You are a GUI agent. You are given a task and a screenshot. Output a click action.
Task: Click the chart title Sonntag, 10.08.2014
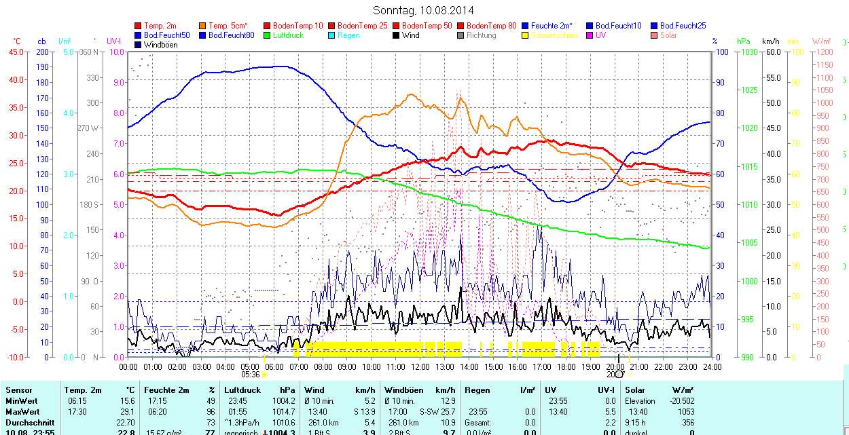424,10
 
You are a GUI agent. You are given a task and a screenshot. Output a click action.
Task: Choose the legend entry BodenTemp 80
491,26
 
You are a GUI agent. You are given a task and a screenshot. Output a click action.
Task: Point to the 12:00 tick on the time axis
420,366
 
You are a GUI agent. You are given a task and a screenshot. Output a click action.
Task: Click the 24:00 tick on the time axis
712,366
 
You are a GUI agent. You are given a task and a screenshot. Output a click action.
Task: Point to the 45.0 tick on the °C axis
15,52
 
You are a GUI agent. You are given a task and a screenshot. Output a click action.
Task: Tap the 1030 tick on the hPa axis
748,52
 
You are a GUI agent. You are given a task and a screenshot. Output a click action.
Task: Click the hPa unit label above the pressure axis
744,41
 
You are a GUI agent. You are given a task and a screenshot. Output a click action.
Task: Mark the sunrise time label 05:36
251,374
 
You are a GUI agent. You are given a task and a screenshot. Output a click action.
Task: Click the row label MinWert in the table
21,401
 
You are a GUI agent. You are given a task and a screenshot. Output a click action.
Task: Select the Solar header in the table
635,390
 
